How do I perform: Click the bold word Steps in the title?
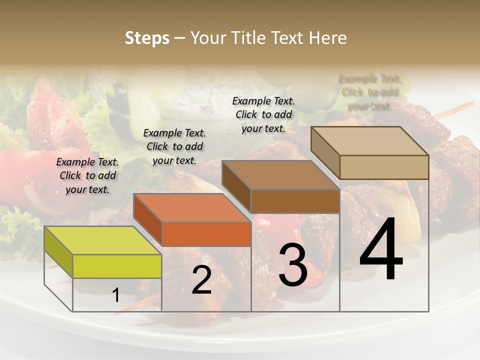point(147,38)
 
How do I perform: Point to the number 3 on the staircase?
point(293,265)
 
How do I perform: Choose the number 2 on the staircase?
point(201,280)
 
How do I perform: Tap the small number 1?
point(116,295)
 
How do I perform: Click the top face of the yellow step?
point(102,240)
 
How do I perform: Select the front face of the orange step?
point(207,234)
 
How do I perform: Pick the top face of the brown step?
point(280,175)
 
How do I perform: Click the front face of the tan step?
point(384,167)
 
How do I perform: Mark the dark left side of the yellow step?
point(58,251)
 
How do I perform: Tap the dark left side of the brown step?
point(236,186)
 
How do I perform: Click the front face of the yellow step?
point(117,266)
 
